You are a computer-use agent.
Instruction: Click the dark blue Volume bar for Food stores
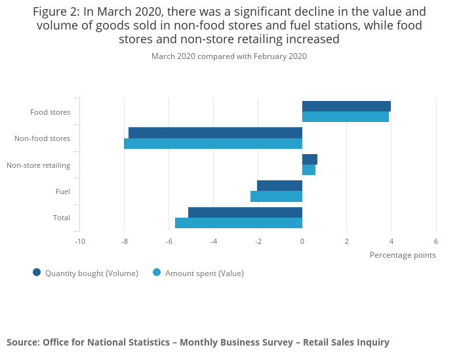coord(346,106)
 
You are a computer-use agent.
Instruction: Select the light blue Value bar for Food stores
coord(346,117)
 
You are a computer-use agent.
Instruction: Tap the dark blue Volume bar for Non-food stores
coord(215,133)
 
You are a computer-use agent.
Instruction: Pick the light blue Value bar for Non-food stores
coord(213,144)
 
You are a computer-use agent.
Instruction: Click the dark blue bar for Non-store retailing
coord(309,159)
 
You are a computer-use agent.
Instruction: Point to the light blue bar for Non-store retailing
coord(309,170)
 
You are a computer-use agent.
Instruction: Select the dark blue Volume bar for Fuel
coord(279,186)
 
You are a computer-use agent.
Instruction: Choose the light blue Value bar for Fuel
coord(276,196)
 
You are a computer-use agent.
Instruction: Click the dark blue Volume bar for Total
coord(245,212)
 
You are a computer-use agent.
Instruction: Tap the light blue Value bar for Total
coord(239,223)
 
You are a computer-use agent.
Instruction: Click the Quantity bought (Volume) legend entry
coord(85,273)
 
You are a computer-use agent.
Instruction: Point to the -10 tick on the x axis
coord(79,241)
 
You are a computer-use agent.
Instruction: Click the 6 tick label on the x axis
coord(436,241)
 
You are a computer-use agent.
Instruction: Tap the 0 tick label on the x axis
coord(302,241)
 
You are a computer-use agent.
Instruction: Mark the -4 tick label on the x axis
coord(213,241)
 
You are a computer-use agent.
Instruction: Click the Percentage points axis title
coord(403,255)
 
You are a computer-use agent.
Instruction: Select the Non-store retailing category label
coord(38,165)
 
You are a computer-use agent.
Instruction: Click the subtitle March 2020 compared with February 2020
coord(229,56)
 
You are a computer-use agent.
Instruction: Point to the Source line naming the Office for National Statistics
coord(198,342)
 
